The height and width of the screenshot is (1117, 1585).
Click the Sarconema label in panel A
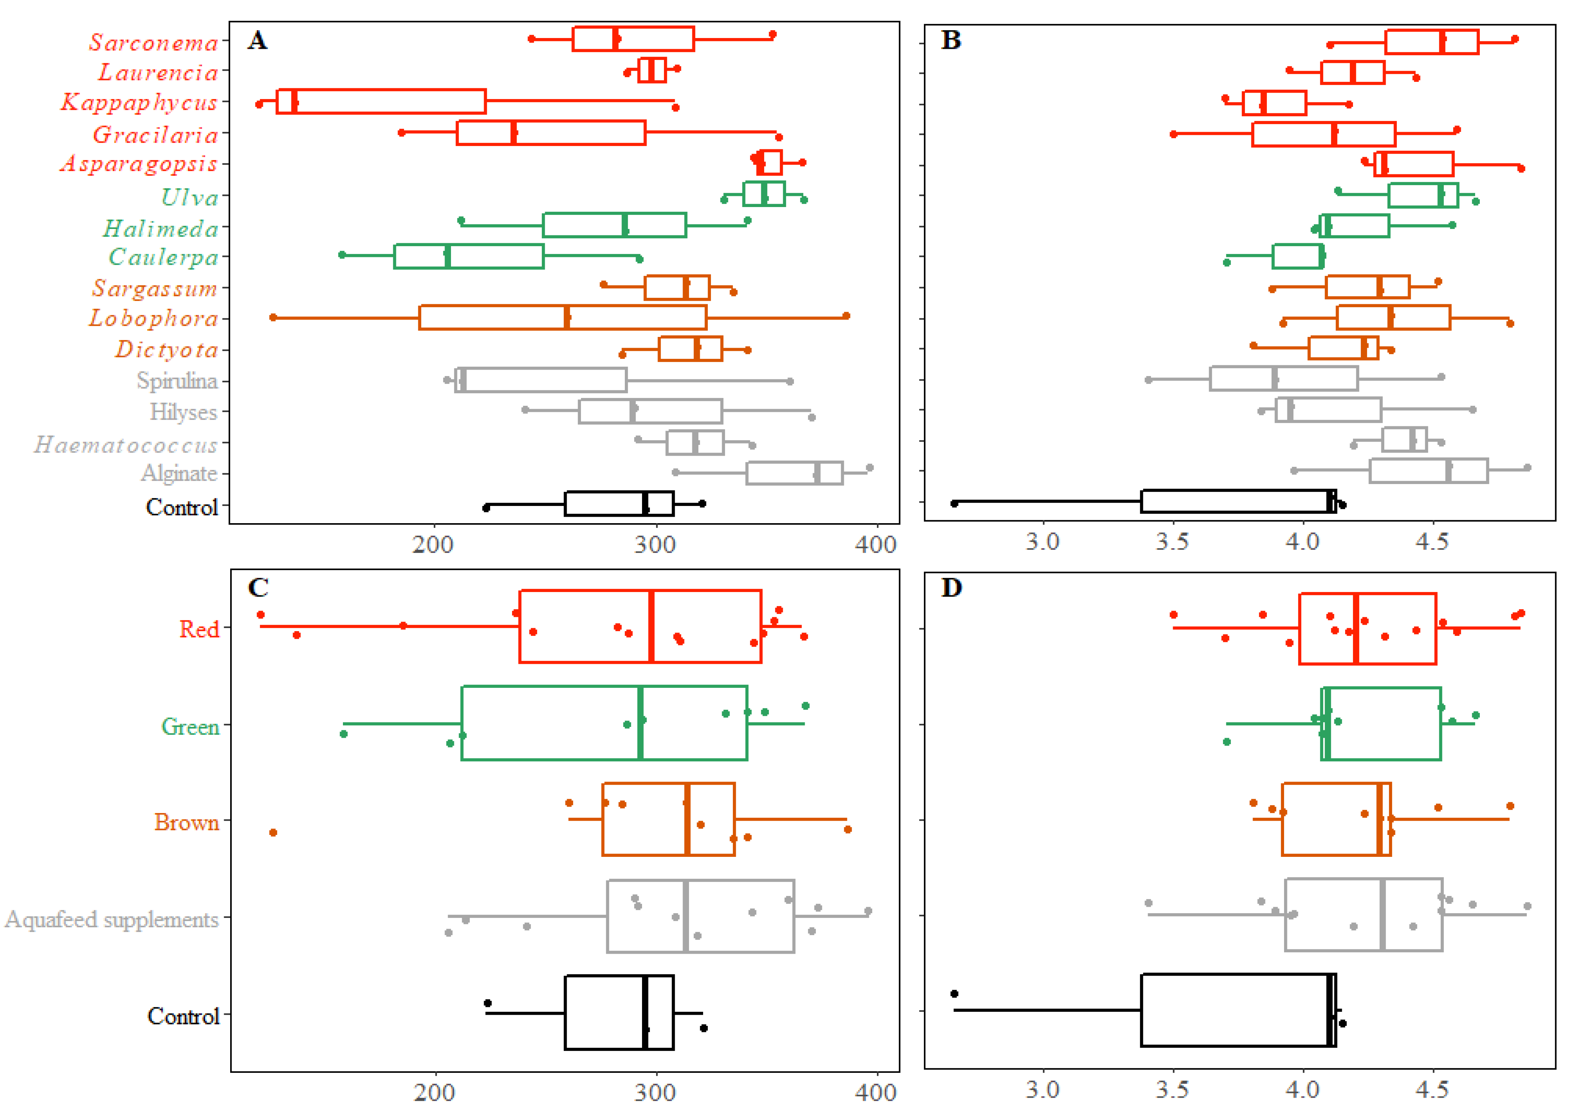tap(153, 43)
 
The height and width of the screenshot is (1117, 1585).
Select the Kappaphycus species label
tap(139, 103)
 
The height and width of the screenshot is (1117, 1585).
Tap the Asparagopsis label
tap(139, 164)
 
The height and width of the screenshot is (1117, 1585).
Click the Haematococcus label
tap(126, 445)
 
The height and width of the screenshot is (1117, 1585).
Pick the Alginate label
tap(179, 473)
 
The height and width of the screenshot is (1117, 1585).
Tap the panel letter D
tap(951, 588)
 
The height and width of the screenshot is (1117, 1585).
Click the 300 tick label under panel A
tap(655, 545)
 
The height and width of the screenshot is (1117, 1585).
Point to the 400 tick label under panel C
tap(875, 1093)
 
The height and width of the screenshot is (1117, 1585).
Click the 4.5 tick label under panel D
tap(1432, 1090)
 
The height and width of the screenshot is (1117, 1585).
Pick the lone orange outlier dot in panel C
tap(273, 833)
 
